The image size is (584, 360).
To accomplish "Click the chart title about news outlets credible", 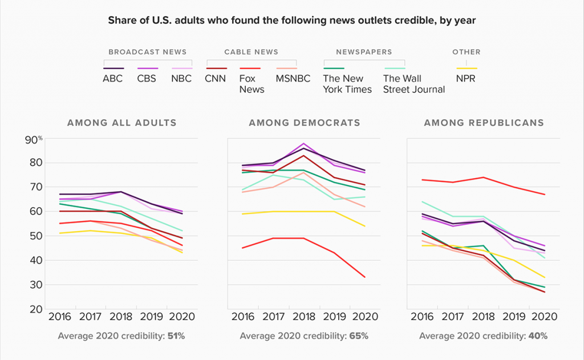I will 292,21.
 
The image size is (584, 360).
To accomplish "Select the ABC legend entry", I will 112,79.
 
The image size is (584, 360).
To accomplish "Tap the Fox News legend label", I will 252,84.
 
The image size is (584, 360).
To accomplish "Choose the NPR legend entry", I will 466,79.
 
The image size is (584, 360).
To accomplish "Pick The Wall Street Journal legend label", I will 413,84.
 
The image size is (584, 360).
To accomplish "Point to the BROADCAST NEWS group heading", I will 147,52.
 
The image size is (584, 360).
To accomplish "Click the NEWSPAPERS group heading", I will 364,52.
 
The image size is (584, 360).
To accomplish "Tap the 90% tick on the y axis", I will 33,139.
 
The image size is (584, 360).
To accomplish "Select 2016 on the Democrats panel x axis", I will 242,316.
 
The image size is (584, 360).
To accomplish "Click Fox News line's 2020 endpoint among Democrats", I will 365,277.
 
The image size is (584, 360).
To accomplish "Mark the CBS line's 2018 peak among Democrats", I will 303,143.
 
